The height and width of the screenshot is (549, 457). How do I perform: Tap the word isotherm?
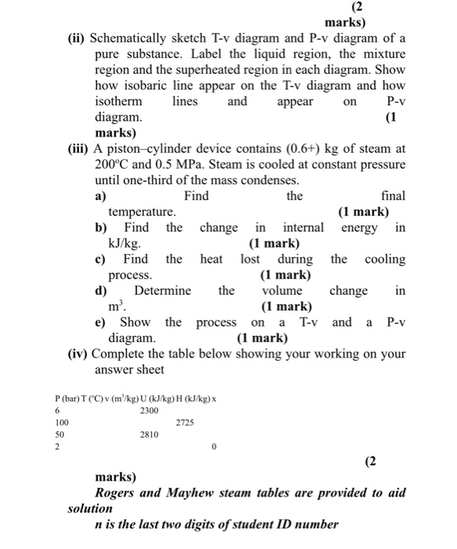tap(118, 102)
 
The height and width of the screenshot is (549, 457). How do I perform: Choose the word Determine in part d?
tap(162, 291)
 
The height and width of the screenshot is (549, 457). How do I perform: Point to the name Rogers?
tap(118, 493)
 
